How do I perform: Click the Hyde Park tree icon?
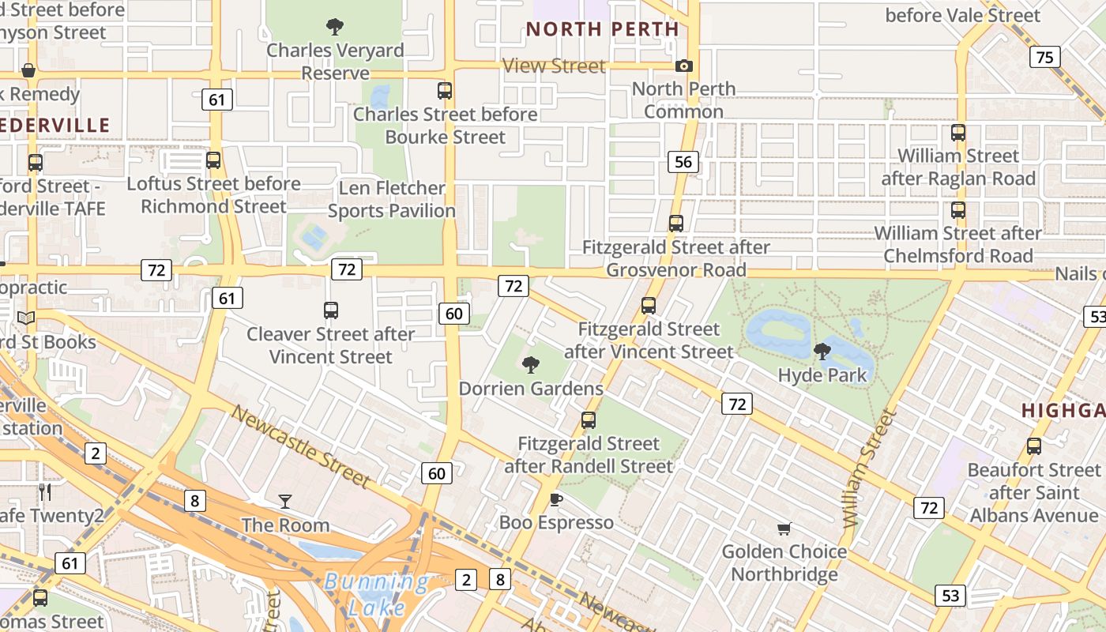pyautogui.click(x=822, y=352)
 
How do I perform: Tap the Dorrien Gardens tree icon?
pyautogui.click(x=531, y=364)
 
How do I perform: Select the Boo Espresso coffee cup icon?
pyautogui.click(x=556, y=499)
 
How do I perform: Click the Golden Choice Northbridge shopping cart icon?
pyautogui.click(x=784, y=529)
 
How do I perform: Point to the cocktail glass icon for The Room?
pyautogui.click(x=284, y=501)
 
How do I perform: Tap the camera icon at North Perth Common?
pyautogui.click(x=684, y=66)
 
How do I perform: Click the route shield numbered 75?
pyautogui.click(x=1044, y=57)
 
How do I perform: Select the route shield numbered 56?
pyautogui.click(x=683, y=163)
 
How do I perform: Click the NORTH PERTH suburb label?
pyautogui.click(x=602, y=29)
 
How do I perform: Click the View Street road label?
pyautogui.click(x=555, y=66)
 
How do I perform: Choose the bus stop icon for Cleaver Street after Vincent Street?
pyautogui.click(x=331, y=310)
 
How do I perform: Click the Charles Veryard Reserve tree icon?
pyautogui.click(x=335, y=27)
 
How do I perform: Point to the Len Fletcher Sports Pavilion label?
pyautogui.click(x=392, y=199)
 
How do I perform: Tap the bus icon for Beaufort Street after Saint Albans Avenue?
pyautogui.click(x=1034, y=446)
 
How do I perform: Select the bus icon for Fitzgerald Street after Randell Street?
pyautogui.click(x=589, y=420)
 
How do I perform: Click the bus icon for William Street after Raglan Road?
pyautogui.click(x=958, y=133)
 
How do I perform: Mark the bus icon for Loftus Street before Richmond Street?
pyautogui.click(x=213, y=160)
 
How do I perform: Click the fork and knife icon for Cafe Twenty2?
pyautogui.click(x=45, y=492)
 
